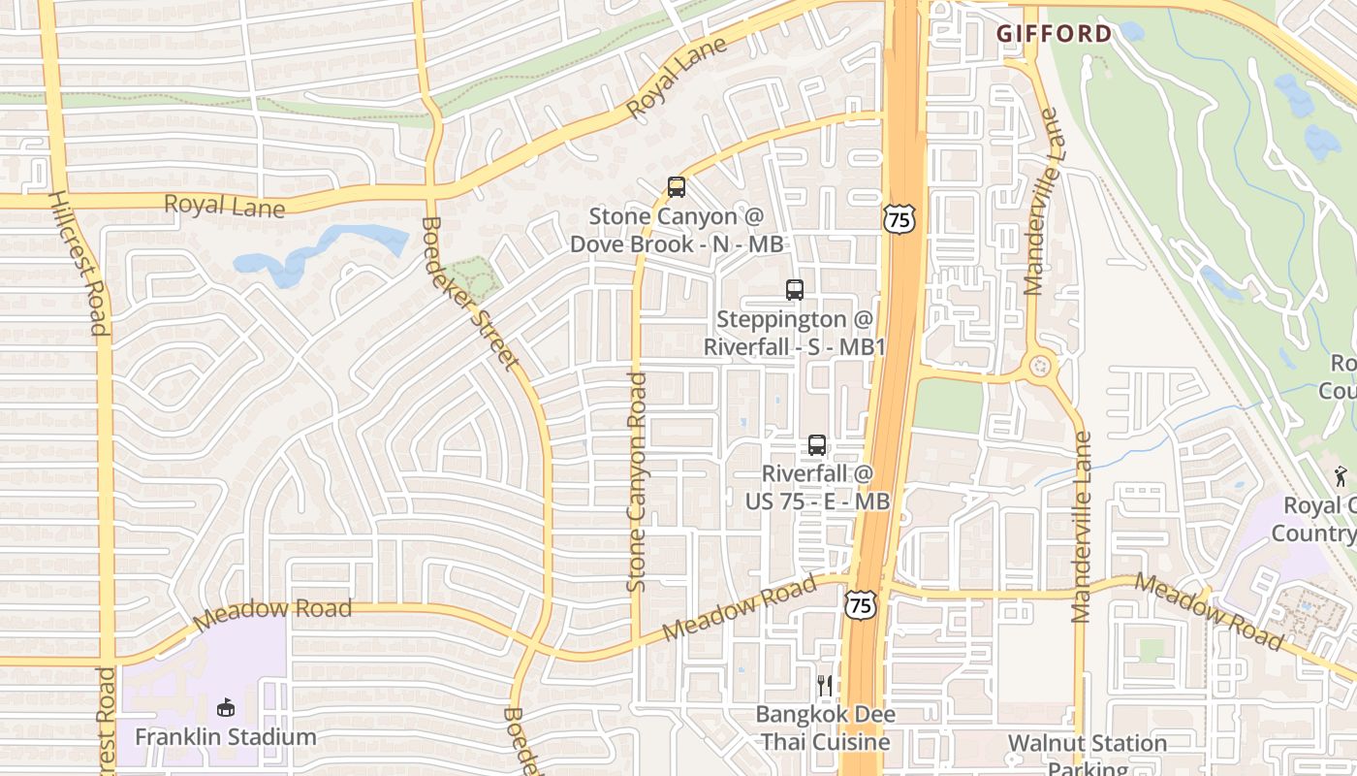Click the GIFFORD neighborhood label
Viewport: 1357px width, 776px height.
(x=1055, y=34)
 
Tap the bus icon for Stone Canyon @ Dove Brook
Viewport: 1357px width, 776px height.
(x=677, y=187)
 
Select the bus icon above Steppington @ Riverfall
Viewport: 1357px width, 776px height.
(x=795, y=289)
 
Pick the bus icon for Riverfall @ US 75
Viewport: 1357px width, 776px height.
(x=817, y=445)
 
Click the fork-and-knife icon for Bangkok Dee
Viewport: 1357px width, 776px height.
(x=824, y=686)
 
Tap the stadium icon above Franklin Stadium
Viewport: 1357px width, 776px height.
(x=226, y=707)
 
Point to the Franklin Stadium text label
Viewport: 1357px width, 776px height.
(x=226, y=737)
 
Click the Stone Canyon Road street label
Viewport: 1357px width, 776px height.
(x=637, y=482)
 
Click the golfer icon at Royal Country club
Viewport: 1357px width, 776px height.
(x=1341, y=476)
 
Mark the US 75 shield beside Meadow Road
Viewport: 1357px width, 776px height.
(x=860, y=605)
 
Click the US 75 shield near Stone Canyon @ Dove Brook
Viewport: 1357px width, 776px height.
(x=899, y=219)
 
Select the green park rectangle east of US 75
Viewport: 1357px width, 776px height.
(x=949, y=405)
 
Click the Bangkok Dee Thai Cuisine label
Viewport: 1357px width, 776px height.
(x=823, y=728)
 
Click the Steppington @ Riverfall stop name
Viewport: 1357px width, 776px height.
(x=795, y=333)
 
